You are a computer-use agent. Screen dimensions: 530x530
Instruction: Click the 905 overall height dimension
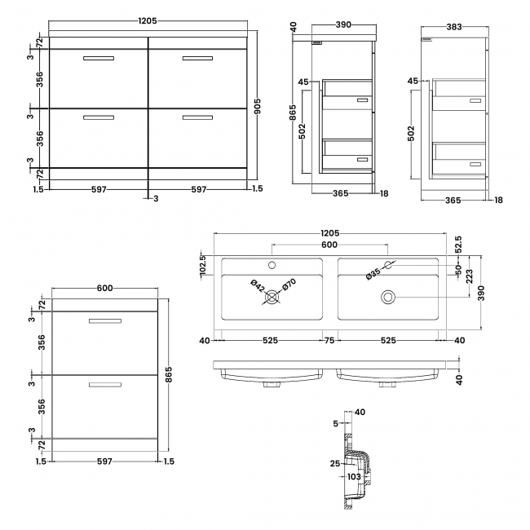click(257, 107)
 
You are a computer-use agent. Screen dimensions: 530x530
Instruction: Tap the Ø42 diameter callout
click(258, 286)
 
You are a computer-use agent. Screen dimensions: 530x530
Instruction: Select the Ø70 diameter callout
click(289, 285)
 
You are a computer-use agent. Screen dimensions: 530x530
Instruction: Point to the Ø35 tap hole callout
click(373, 273)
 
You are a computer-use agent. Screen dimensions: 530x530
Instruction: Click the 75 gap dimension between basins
click(329, 340)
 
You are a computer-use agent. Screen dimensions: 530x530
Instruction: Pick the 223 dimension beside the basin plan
click(469, 276)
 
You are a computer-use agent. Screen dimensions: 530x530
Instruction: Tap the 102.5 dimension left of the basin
click(203, 264)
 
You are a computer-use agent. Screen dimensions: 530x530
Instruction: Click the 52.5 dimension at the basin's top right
click(458, 245)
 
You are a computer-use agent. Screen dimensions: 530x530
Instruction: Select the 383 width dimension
click(454, 27)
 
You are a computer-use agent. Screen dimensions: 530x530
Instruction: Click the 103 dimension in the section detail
click(354, 477)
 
